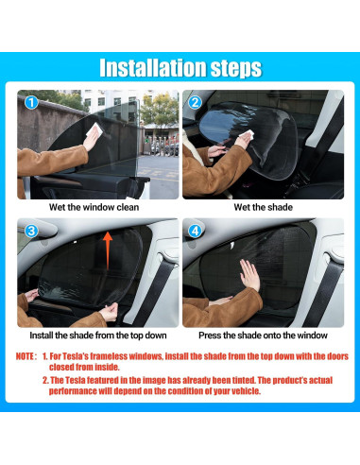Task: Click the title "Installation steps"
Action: (180, 67)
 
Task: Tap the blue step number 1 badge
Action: (31, 103)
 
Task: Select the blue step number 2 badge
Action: (195, 102)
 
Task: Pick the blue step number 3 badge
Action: (31, 232)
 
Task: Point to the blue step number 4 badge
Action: (195, 232)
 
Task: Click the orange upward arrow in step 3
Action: (108, 250)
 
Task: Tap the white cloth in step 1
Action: (95, 130)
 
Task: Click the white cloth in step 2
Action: (248, 135)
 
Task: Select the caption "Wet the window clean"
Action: (94, 207)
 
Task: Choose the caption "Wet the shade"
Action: (264, 207)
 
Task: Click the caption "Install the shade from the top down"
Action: (98, 336)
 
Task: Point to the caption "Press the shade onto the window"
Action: (263, 336)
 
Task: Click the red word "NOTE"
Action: (25, 356)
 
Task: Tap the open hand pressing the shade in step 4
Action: (249, 275)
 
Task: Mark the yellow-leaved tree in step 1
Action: (159, 109)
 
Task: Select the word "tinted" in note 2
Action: (243, 380)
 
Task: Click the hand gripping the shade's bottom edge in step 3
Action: (109, 312)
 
